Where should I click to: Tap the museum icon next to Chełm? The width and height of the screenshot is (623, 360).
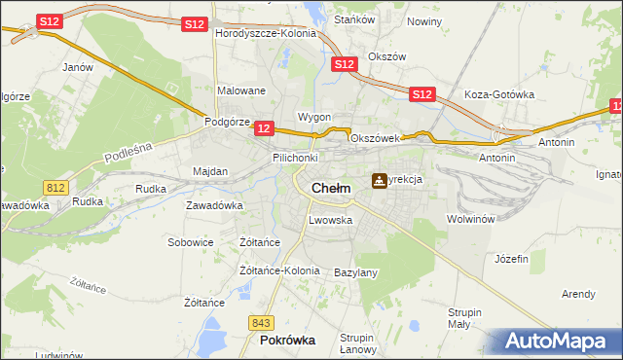(379, 181)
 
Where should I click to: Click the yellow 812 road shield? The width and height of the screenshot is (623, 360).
(55, 186)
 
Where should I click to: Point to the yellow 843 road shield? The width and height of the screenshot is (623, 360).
(260, 322)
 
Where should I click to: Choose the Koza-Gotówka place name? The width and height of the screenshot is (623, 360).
(500, 94)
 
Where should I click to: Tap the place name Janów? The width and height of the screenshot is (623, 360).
(77, 67)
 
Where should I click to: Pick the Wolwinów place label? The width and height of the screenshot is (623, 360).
(471, 219)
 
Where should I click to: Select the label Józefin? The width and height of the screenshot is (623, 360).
(511, 259)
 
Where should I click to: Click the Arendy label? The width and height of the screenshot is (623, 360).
(578, 293)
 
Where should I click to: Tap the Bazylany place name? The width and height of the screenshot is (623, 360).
(355, 272)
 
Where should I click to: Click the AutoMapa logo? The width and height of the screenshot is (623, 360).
(558, 342)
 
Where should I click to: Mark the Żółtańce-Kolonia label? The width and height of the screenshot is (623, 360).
(279, 270)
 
